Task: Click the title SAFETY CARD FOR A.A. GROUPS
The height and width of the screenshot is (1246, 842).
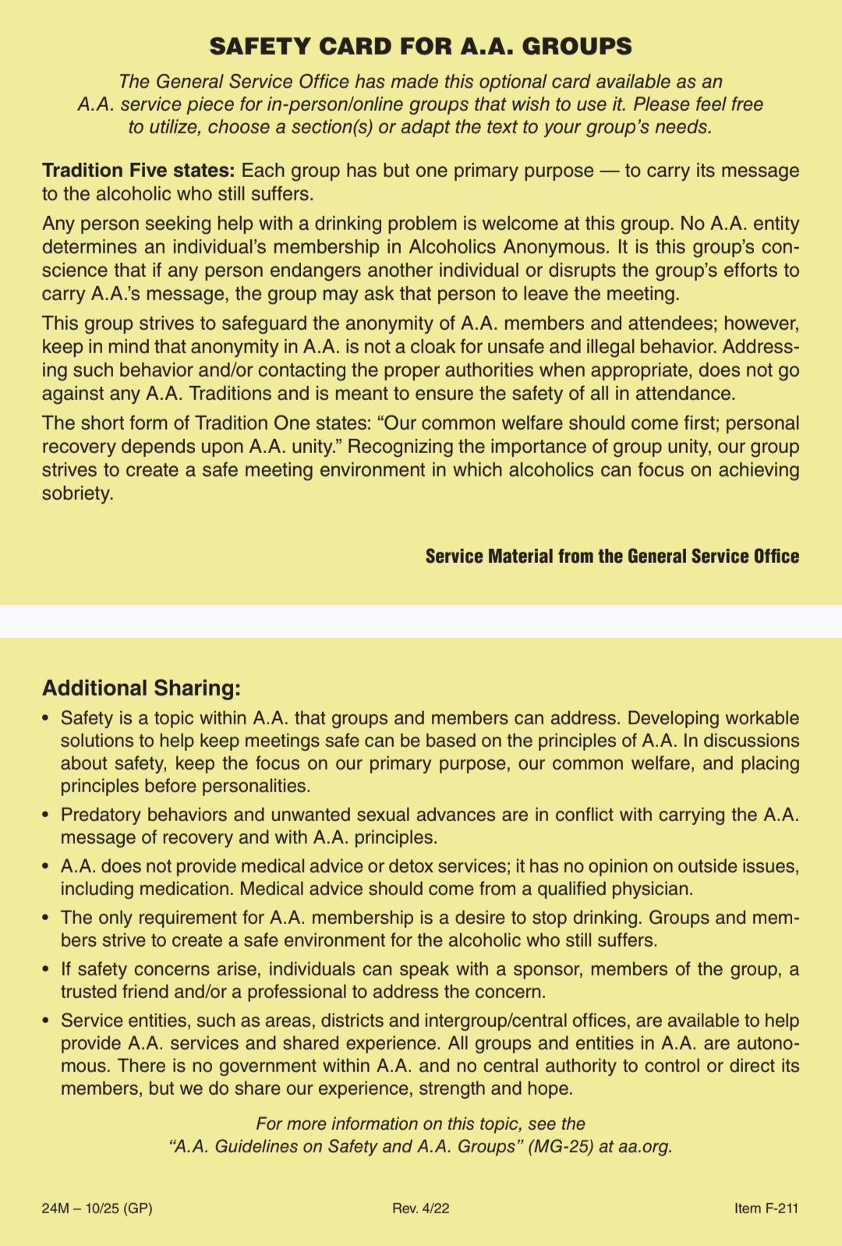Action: [420, 47]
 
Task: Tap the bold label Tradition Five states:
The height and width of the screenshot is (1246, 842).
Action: [138, 171]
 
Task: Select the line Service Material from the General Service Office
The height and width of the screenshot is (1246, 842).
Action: [612, 557]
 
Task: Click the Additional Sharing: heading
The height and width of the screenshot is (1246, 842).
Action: [141, 688]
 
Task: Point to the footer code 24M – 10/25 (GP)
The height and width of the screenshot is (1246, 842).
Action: [97, 1209]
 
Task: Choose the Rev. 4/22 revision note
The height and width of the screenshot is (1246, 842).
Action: [420, 1209]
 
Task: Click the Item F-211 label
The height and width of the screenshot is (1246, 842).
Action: [766, 1209]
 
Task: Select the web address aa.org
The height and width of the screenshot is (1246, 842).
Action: [645, 1147]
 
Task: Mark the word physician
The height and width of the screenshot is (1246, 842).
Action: [653, 889]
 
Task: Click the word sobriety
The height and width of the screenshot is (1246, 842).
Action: [77, 494]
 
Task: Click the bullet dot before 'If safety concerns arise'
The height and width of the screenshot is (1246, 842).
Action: [46, 969]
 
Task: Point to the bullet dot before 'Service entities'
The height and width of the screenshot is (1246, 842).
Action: [46, 1021]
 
